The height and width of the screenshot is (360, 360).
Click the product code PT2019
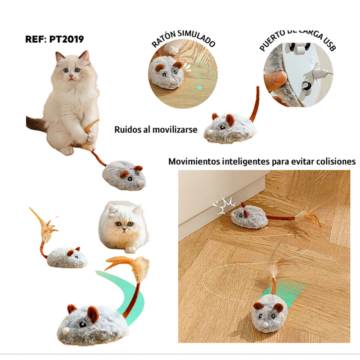[67, 39]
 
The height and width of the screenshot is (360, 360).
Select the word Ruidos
[128, 130]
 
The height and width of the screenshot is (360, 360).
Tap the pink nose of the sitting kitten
[71, 76]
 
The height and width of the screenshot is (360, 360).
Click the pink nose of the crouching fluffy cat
[124, 229]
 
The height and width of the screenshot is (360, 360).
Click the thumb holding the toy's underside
[275, 81]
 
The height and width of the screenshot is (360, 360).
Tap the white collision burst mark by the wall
[224, 206]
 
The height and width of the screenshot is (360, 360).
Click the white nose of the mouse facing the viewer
[265, 324]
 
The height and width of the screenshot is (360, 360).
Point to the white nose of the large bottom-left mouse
[66, 331]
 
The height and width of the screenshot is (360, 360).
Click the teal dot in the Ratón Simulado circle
[199, 87]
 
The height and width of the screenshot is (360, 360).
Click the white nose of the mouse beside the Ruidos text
[210, 132]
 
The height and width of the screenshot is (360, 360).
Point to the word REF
[34, 39]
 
